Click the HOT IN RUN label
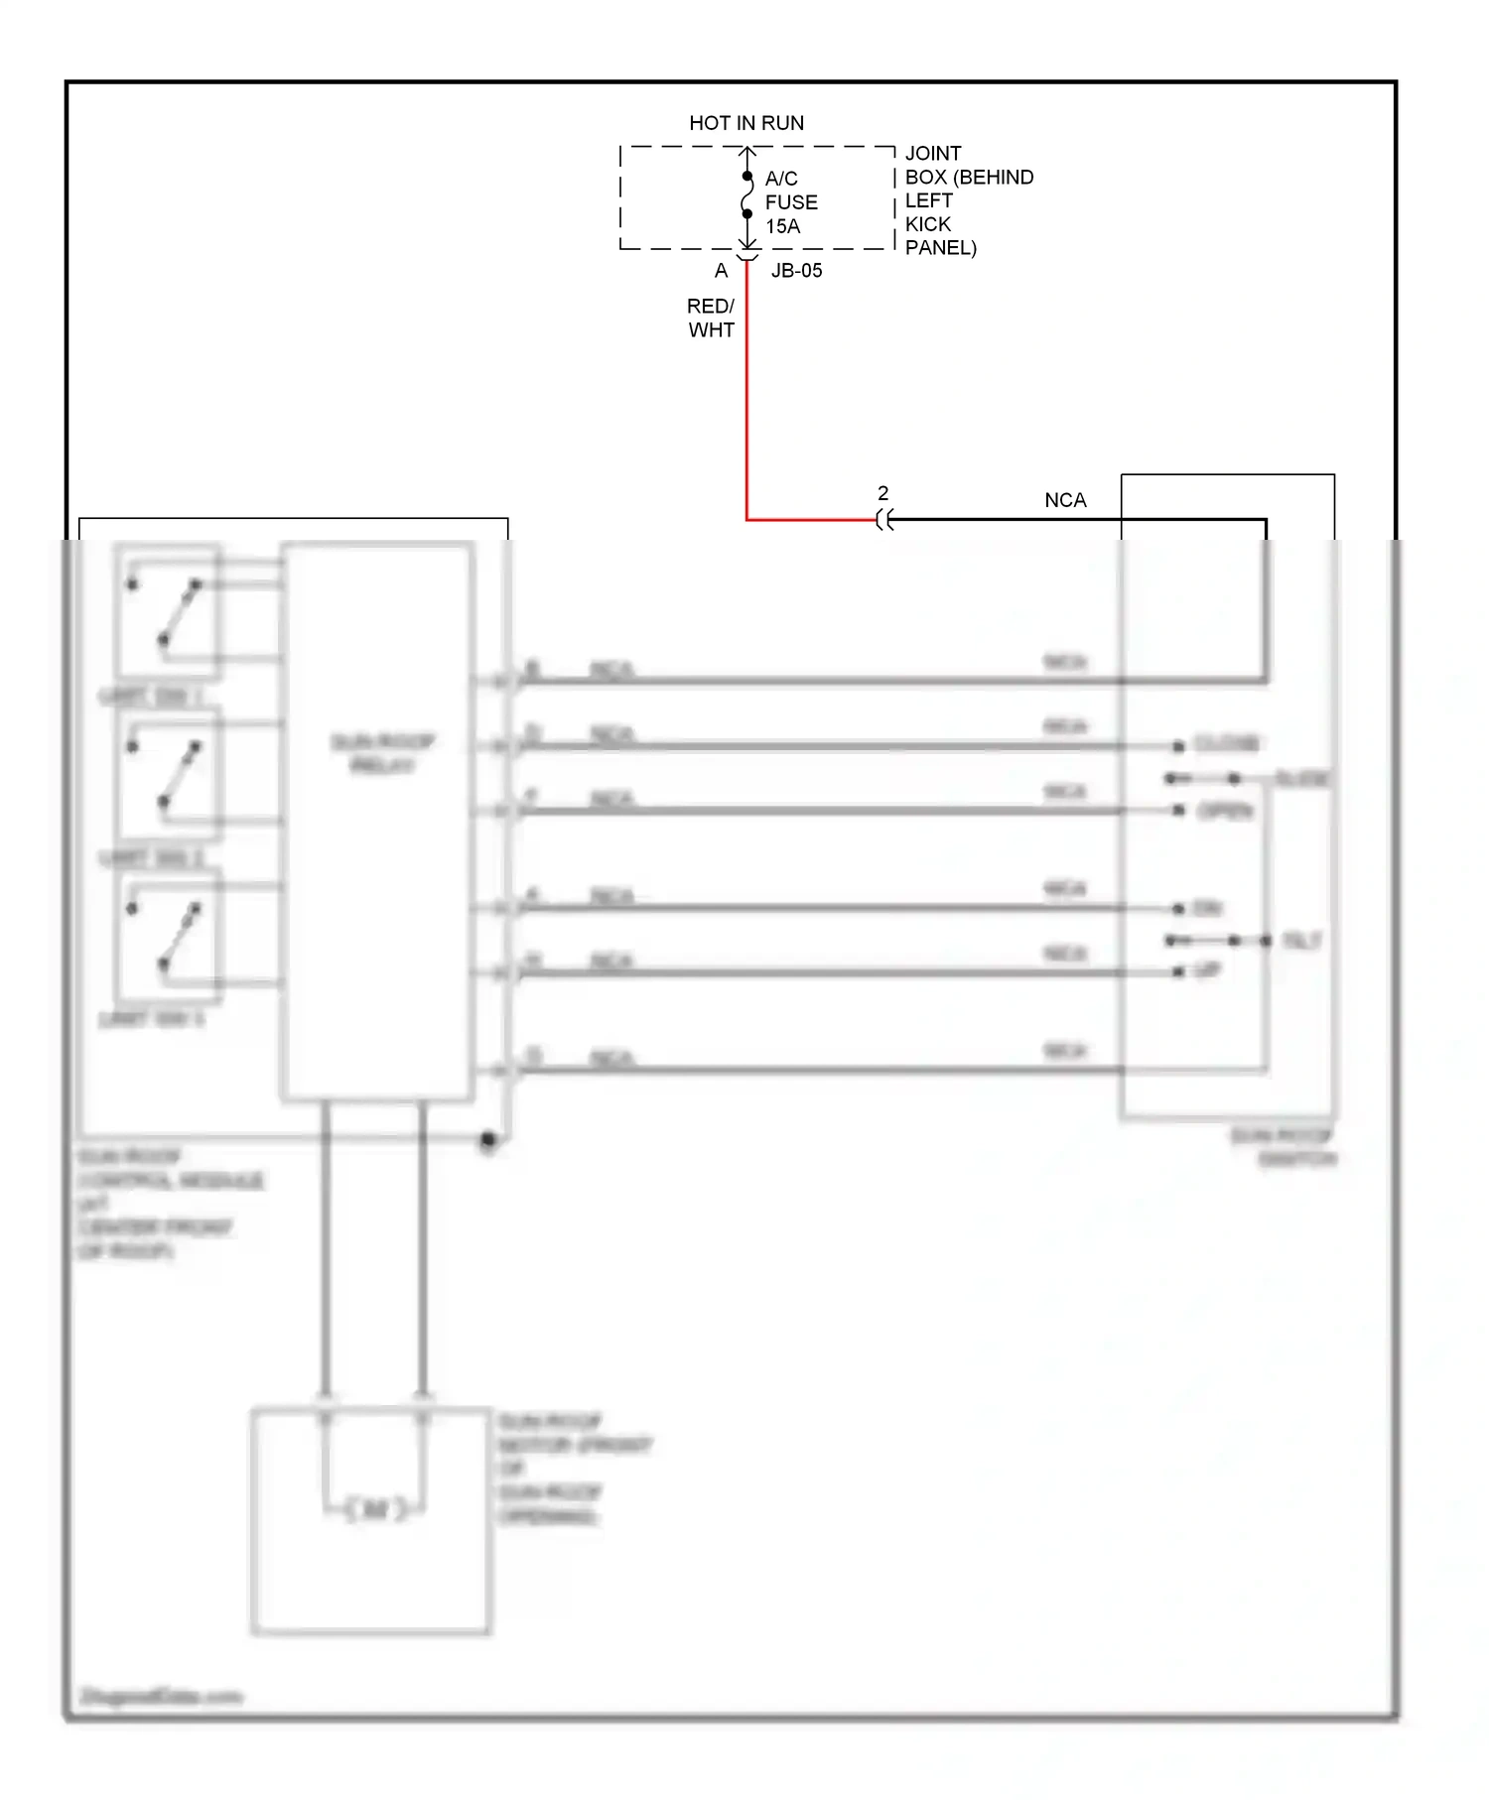746,123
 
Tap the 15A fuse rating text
782,226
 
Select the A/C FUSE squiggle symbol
746,196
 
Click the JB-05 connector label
796,270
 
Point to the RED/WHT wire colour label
711,318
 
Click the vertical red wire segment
746,397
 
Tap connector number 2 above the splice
882,493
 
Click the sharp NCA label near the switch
1065,500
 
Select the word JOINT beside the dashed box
933,154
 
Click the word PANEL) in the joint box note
940,248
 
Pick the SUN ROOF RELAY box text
382,753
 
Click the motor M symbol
375,1509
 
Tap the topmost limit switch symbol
167,610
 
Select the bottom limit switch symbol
167,935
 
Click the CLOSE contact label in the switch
1227,743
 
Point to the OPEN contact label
1225,811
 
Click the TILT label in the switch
1301,940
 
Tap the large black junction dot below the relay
487,1141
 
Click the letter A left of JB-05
721,270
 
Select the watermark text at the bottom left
161,1696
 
